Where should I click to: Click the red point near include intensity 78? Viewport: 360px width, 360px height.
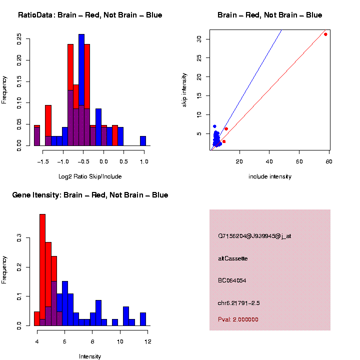coord(325,34)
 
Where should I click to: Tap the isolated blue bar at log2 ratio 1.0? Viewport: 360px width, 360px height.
coord(143,141)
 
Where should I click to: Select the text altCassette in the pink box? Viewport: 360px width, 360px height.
coord(232,258)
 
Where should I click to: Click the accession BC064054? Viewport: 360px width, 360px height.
coord(232,280)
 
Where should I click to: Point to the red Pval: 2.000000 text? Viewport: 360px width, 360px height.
coord(238,319)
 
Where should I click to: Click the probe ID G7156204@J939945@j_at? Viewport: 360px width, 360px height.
coord(254,236)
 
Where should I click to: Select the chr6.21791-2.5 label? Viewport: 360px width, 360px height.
coord(239,303)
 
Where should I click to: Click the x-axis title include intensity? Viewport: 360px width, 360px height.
coord(270,176)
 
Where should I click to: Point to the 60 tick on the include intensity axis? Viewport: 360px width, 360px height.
coord(300,160)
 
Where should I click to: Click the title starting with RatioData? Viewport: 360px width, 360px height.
coord(90,15)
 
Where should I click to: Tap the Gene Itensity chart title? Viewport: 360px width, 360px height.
coord(90,195)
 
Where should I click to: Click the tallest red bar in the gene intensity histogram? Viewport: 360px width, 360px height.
coord(42,270)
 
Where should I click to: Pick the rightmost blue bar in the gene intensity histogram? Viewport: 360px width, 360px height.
coord(143,319)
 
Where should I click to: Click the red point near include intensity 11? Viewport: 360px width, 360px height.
coord(226,129)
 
